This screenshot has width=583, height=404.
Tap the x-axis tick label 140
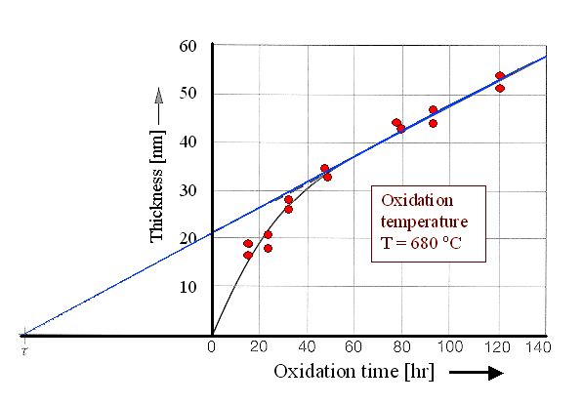coord(537,345)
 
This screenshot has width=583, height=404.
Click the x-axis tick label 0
coord(212,345)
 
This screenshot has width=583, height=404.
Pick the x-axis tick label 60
coord(355,345)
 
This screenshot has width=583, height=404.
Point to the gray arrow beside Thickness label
coord(158,99)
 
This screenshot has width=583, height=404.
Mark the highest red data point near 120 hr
coord(499,75)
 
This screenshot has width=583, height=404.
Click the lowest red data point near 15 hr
coord(248,255)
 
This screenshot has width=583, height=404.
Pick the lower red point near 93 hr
coord(433,123)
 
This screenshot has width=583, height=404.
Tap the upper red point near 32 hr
coord(288,199)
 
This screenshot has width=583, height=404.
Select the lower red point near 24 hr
coord(268,248)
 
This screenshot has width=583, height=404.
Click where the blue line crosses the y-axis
coord(212,234)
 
